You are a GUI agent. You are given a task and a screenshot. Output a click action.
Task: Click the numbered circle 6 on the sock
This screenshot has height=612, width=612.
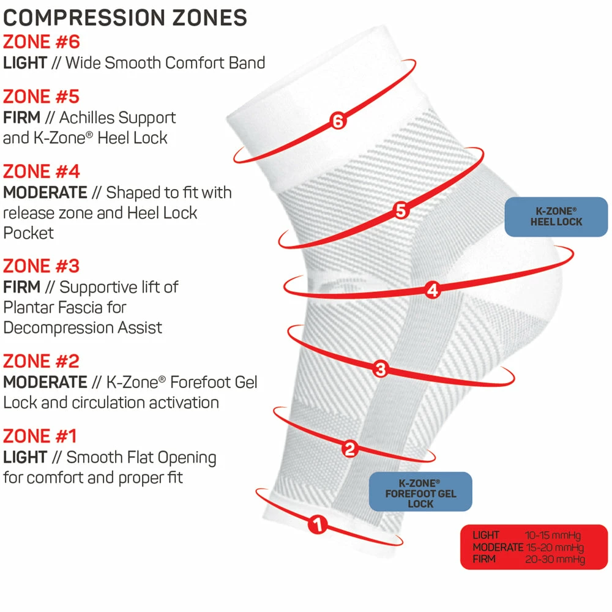338,121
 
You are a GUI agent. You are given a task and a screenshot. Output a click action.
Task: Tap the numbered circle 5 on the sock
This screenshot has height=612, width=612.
400,211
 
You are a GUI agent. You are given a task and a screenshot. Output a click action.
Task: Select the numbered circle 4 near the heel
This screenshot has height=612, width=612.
433,290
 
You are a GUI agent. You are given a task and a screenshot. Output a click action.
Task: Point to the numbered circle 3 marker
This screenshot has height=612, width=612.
381,368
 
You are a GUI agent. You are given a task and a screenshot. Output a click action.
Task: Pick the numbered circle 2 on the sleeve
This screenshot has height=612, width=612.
349,450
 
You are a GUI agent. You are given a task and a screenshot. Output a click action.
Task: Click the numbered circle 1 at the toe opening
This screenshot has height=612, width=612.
317,524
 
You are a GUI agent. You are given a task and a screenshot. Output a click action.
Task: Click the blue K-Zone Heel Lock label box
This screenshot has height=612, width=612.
556,217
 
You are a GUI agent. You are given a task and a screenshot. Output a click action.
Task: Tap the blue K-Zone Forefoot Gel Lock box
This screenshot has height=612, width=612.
420,492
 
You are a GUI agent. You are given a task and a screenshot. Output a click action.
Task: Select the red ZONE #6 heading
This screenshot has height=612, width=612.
42,42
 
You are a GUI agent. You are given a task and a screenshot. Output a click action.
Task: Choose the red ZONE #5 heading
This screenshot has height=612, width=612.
42,97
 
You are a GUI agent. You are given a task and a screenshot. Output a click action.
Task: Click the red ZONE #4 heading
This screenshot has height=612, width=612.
42,171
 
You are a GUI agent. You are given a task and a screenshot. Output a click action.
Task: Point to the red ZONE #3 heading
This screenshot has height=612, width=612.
42,266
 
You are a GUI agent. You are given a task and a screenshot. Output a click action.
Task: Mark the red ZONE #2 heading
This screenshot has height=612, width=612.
42,361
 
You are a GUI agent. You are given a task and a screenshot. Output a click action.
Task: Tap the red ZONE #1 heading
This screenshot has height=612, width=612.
40,436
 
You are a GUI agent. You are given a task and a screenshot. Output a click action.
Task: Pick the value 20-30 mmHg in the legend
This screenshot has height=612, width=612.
555,559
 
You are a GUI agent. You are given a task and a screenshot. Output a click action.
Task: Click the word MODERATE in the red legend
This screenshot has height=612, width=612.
498,547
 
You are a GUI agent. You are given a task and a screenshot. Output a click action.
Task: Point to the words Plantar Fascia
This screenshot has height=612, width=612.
65,307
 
